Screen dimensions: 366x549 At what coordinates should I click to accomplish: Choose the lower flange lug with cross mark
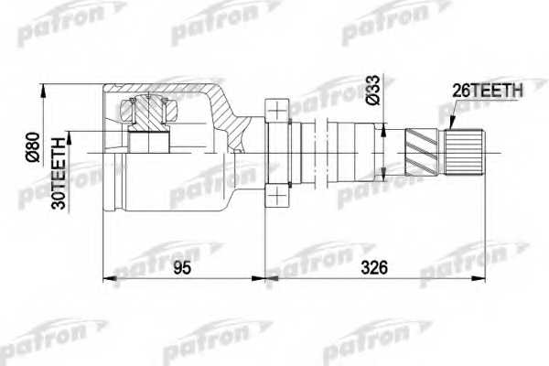[276, 195]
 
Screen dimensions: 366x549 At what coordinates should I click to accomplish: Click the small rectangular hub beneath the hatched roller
[149, 143]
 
